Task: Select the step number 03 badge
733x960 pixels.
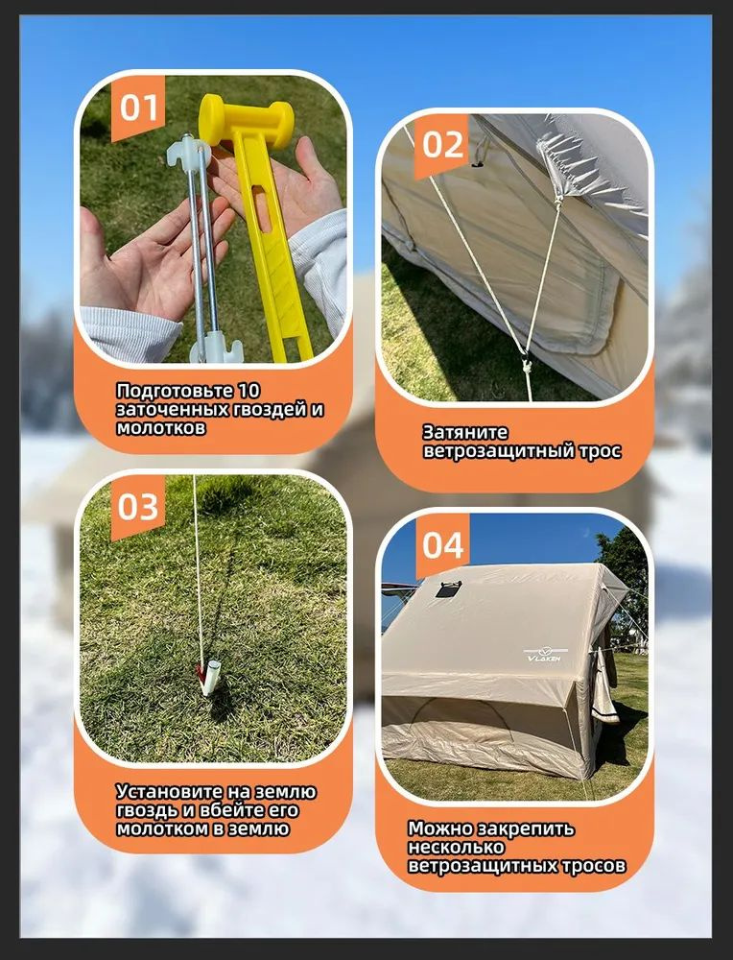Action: point(137,507)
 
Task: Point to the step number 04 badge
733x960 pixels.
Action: point(442,544)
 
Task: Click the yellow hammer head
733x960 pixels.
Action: point(246,121)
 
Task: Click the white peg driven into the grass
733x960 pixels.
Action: point(209,678)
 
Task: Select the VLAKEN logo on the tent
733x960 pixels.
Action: point(546,655)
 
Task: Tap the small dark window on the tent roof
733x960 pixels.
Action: point(448,589)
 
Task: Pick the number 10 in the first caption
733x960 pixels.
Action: point(249,390)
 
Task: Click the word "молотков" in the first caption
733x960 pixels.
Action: point(161,427)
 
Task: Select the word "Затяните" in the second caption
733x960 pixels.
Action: point(465,432)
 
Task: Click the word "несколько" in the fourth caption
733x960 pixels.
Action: point(456,848)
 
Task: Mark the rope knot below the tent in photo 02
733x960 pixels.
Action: point(526,366)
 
